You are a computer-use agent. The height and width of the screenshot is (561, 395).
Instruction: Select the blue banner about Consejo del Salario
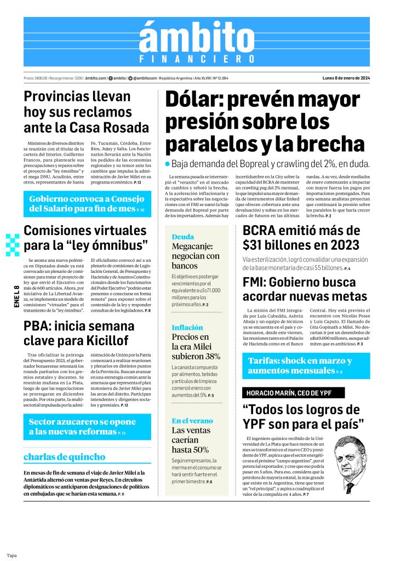pos(87,203)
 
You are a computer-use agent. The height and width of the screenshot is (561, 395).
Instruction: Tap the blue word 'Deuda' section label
pos(182,237)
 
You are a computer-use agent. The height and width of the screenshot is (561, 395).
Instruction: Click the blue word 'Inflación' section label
pos(187,328)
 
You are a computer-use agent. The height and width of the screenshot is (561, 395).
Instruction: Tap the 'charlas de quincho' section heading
pos(65,456)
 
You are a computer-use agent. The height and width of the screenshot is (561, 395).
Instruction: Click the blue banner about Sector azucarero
pos(87,427)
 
